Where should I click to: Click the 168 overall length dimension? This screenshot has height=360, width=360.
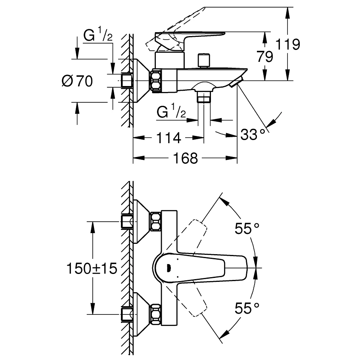185,159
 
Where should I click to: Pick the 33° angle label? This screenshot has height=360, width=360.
252,134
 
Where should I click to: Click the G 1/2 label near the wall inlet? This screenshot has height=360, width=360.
98,37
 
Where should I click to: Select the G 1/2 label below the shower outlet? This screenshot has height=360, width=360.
171,113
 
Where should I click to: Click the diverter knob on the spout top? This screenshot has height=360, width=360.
204,61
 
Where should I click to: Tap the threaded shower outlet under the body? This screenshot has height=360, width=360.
204,96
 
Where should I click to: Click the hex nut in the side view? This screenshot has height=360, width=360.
156,81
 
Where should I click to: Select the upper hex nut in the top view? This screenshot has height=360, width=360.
155,222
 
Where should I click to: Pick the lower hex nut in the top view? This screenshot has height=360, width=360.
155,314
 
